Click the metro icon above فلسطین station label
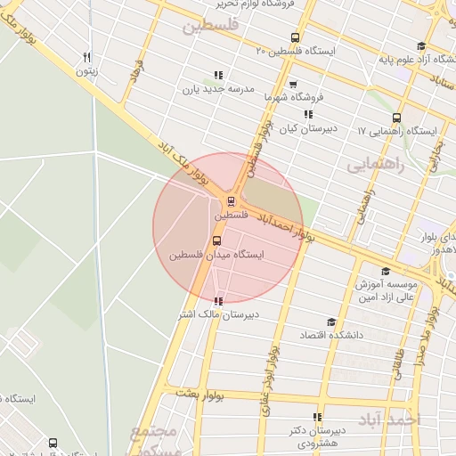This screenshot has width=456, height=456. [232, 201]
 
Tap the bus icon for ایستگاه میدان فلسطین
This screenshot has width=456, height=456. [217, 240]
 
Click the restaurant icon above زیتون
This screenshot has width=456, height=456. [86, 55]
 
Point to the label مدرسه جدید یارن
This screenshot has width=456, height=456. [219, 89]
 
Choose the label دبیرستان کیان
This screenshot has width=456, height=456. [307, 129]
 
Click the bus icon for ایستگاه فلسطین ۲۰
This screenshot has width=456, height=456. [296, 37]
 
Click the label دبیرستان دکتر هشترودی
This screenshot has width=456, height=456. [317, 436]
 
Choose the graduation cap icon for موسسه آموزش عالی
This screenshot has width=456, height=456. [386, 272]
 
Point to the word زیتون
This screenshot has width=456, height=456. [85, 69]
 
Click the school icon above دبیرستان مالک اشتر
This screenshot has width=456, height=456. [219, 301]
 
